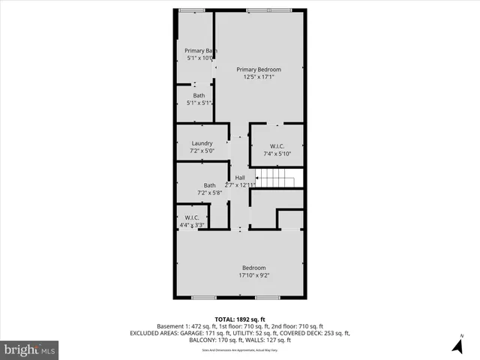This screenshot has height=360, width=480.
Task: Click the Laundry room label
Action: coord(202,143)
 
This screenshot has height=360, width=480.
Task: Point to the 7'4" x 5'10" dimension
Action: coord(277,154)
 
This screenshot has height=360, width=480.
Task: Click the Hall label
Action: coord(240,178)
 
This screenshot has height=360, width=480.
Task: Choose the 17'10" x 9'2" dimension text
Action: coord(253,275)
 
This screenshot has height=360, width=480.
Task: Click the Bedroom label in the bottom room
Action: coord(253,268)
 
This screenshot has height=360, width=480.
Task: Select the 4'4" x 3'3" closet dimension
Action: coord(192,225)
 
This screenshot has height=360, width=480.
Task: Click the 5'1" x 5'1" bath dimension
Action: coord(199,103)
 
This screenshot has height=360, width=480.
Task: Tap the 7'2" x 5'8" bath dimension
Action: coord(209,193)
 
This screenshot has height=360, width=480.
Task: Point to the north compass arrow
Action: coord(457,345)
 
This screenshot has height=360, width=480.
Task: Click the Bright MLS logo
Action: coord(30,349)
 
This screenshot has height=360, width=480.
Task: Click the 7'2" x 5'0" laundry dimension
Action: coord(202,151)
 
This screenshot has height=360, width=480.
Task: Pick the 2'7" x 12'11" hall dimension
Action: coord(240,184)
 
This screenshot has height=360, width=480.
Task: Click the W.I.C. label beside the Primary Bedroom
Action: coord(277,146)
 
